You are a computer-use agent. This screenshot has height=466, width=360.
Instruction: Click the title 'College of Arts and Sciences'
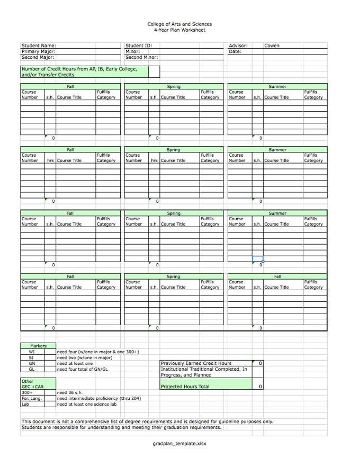pos(179,24)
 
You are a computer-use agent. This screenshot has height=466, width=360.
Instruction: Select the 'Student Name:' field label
pos(39,46)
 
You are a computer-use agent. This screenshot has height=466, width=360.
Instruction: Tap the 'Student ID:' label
pos(139,46)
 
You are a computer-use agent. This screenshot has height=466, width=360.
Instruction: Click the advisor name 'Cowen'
pos(272,46)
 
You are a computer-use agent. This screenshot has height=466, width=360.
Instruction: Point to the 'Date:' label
pos(235,52)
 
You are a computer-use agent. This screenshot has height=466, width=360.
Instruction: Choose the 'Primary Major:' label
pos(38,52)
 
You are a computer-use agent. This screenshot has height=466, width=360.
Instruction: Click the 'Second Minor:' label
pos(142,57)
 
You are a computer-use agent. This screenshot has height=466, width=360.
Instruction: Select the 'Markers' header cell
pos(38,346)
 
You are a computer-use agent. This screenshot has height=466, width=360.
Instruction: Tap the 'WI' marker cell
pos(32,352)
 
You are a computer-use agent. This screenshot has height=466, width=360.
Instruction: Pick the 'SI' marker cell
pos(32,357)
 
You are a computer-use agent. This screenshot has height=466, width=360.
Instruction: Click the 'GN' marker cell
pos(32,363)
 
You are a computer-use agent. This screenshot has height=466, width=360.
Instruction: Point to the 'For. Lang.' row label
pos(30,398)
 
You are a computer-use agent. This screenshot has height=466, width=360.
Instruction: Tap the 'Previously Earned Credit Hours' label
pos(196,363)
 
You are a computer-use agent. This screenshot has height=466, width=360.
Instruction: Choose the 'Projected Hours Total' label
pos(185,387)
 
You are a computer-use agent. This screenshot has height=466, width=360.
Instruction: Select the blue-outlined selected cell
pos(257,259)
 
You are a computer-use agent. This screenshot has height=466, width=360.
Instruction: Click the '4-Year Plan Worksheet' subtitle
pos(179,30)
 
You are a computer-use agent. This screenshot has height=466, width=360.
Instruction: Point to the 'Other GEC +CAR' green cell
pos(32,384)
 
